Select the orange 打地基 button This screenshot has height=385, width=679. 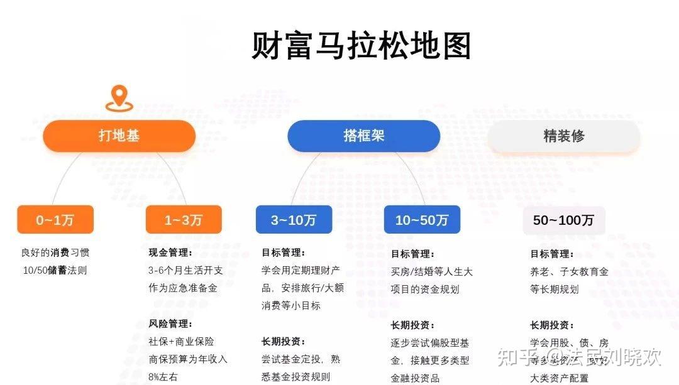coord(119,136)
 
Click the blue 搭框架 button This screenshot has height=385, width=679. coord(363,136)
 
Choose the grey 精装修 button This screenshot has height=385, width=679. coord(563,136)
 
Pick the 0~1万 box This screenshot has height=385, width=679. coord(55,220)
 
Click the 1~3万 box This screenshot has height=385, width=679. coord(184,220)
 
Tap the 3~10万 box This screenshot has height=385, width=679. coord(294,220)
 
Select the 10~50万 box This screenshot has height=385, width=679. coord(422,220)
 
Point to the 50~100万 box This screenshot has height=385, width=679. coord(564,220)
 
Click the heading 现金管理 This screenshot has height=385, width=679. coord(170,252)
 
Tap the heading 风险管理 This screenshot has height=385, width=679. coord(170,323)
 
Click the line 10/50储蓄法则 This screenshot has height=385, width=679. coord(55,271)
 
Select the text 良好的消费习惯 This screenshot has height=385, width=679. coord(55,252)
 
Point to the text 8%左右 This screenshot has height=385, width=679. coord(163,377)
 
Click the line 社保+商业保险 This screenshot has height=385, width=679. coord(181,342)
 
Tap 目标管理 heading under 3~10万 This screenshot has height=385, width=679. coord(284,252)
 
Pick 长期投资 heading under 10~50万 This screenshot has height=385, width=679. coord(412,325)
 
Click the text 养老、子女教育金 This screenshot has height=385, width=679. coord(570,272)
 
